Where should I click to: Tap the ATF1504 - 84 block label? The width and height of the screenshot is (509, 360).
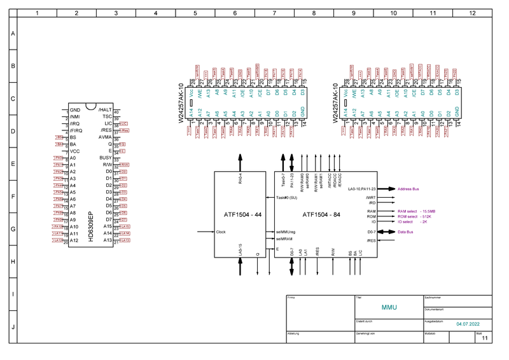point(321,214)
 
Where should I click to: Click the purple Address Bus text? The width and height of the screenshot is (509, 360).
point(410,189)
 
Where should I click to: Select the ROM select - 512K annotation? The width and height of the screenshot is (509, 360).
point(417,216)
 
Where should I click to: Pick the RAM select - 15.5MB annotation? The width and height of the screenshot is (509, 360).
point(417,211)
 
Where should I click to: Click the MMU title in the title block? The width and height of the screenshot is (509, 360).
point(389,307)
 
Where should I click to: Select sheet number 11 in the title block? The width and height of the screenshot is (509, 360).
point(485,339)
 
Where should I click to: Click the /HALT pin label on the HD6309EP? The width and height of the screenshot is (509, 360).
point(106,110)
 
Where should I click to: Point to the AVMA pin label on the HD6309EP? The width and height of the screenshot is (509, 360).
point(105,137)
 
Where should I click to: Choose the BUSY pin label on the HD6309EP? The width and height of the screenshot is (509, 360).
point(105,158)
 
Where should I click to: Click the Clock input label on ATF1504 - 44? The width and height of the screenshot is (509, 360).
point(221,232)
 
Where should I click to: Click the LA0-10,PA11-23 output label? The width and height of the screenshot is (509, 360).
point(363,189)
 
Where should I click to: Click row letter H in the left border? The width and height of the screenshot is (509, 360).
point(13,261)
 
